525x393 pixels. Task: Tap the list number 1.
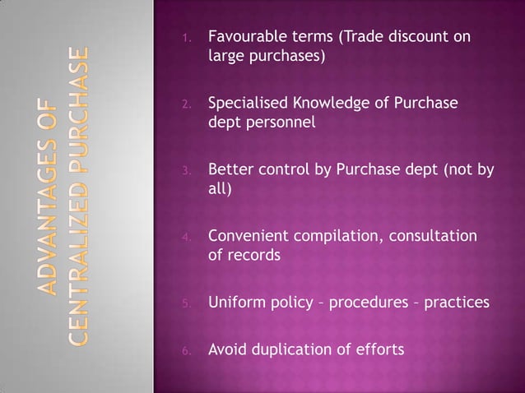[187, 39]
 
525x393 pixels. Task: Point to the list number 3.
[187, 172]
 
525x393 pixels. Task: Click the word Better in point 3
[228, 170]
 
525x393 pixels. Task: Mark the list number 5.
[187, 304]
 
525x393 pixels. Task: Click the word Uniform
[235, 303]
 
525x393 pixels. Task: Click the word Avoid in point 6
[226, 349]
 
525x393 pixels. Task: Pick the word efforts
[377, 349]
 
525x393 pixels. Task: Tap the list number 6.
[187, 351]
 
